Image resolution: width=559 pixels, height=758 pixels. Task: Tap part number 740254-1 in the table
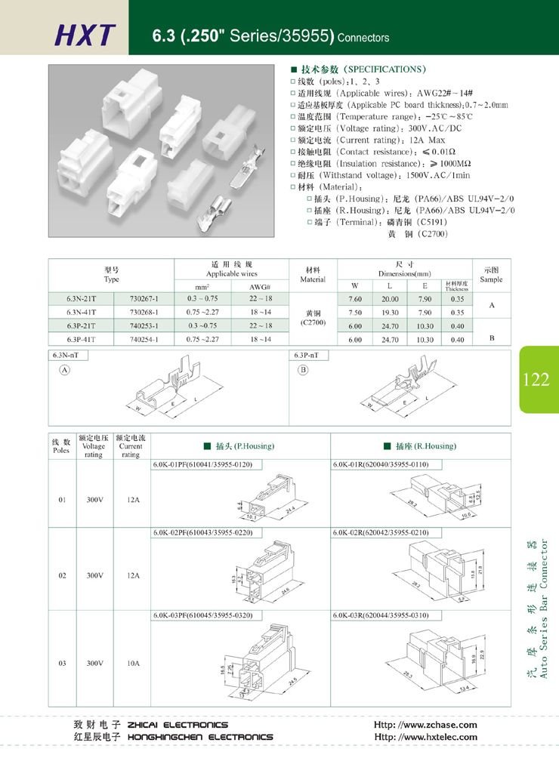point(144,340)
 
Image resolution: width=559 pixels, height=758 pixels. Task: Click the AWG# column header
point(260,286)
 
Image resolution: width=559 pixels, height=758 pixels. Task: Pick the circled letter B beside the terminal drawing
point(303,370)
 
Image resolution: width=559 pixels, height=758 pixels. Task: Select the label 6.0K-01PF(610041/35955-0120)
point(202,464)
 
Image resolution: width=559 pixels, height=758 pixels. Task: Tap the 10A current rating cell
point(133,664)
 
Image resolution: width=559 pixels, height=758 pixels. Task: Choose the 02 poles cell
point(61,575)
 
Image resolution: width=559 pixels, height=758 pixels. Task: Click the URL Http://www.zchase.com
point(425,725)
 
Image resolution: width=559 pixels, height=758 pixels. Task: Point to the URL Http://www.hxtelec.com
point(425,737)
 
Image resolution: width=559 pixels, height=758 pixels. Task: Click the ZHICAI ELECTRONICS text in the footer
point(178,725)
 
